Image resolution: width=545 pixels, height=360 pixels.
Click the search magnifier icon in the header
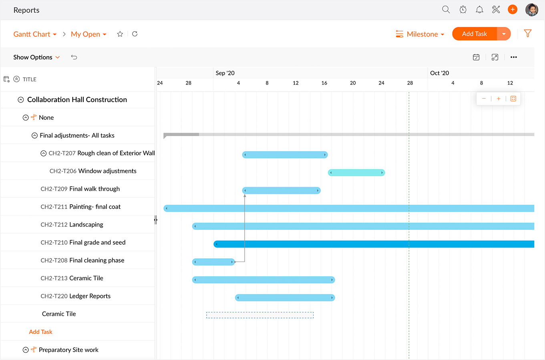446,10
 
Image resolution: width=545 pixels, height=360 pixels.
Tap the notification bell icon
479,10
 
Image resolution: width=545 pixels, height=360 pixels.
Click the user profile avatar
532,10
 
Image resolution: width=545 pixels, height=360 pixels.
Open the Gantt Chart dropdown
35,34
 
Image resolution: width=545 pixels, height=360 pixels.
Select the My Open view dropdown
88,34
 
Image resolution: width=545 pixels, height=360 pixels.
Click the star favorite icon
120,34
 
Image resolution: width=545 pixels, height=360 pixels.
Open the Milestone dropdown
420,34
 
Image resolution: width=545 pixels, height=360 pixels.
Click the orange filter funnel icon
528,34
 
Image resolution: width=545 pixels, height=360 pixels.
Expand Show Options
36,57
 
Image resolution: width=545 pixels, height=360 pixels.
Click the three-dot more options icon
514,57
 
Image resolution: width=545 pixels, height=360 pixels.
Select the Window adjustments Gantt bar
356,173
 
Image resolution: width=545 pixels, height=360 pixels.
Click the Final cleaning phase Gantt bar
213,262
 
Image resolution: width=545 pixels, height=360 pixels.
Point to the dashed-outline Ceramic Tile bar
260,315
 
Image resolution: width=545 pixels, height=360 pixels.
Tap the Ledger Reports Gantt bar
285,298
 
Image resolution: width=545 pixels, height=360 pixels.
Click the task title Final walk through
95,189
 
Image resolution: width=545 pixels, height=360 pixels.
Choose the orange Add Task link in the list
40,332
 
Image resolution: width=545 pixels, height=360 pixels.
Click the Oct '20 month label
439,73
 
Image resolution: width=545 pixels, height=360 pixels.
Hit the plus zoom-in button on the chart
499,99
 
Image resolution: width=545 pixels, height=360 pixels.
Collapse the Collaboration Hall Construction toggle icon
21,100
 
